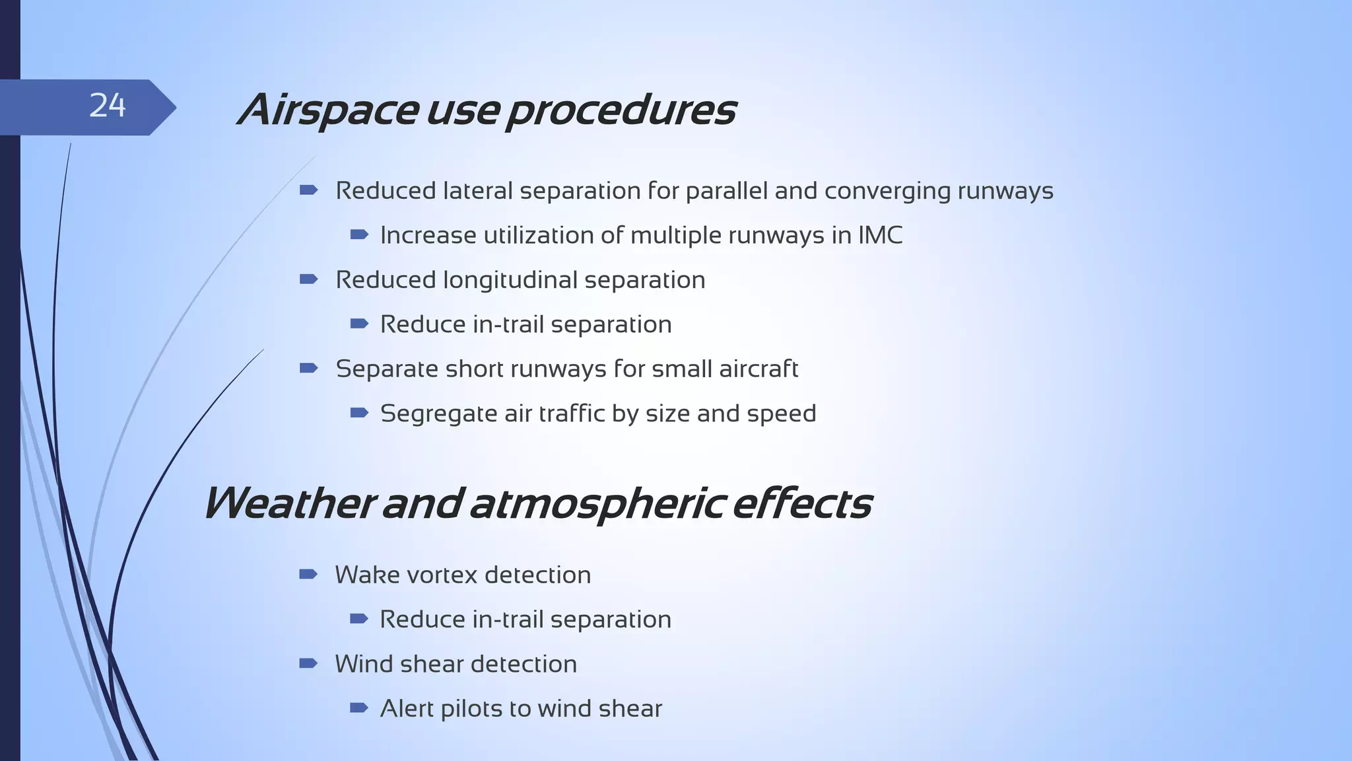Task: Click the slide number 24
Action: [x=107, y=106]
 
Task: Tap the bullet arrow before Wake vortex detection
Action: [x=308, y=575]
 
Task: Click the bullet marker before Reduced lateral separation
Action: [x=308, y=191]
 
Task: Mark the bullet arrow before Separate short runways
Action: [x=308, y=369]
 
